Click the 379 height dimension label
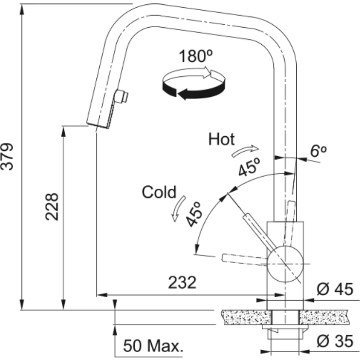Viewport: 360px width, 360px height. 7,157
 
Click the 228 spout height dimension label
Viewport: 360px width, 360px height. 52,207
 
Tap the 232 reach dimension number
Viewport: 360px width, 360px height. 182,282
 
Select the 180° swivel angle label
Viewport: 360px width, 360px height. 196,56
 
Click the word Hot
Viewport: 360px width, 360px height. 221,139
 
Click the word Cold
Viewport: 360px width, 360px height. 159,192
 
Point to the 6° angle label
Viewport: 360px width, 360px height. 319,151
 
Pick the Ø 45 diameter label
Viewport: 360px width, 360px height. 335,289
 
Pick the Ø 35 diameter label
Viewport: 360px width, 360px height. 335,341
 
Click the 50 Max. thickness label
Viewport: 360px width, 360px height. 153,346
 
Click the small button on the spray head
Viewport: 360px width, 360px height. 121,96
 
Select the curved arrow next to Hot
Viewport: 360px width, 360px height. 245,151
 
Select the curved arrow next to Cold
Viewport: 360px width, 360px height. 179,209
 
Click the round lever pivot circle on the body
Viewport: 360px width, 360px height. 285,264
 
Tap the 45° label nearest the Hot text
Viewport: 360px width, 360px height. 249,167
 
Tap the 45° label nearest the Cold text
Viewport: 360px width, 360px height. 195,214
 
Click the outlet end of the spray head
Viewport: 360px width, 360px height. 97,126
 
